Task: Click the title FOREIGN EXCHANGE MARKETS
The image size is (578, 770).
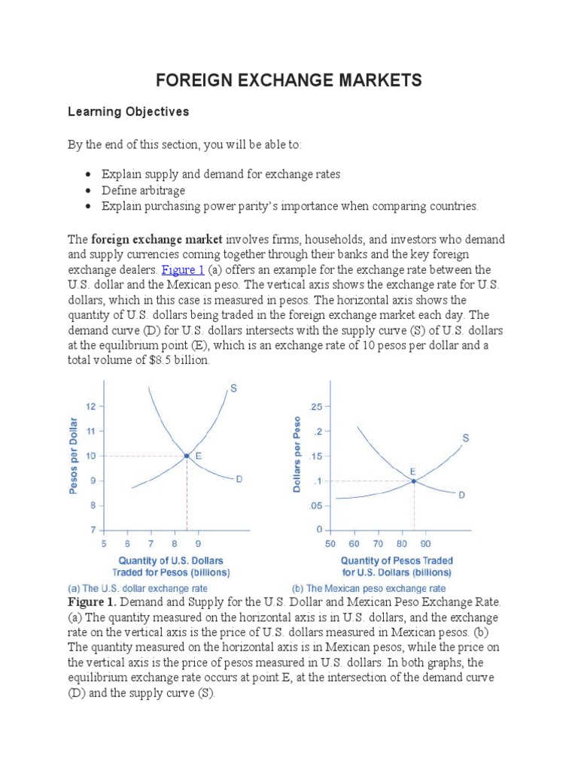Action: (288, 80)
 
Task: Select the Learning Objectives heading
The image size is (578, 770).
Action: (128, 112)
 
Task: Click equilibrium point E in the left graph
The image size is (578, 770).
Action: (187, 456)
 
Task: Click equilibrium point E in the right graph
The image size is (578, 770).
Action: (413, 480)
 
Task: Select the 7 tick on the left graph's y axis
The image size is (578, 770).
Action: (93, 530)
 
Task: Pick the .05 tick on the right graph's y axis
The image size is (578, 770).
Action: (315, 506)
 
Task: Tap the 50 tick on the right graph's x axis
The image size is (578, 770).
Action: (330, 543)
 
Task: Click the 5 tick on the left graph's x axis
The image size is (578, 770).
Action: (103, 543)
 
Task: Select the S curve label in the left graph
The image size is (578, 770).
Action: (233, 389)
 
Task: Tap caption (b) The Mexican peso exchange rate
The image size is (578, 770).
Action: (368, 588)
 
